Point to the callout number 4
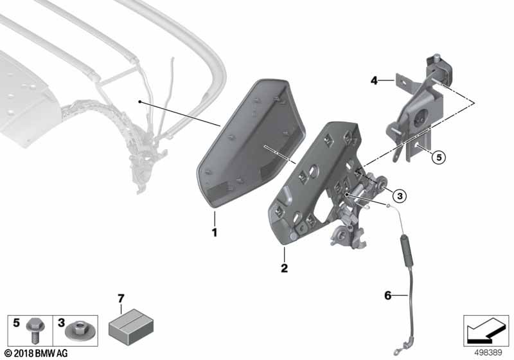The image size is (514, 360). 373,81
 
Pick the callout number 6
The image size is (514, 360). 387,296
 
